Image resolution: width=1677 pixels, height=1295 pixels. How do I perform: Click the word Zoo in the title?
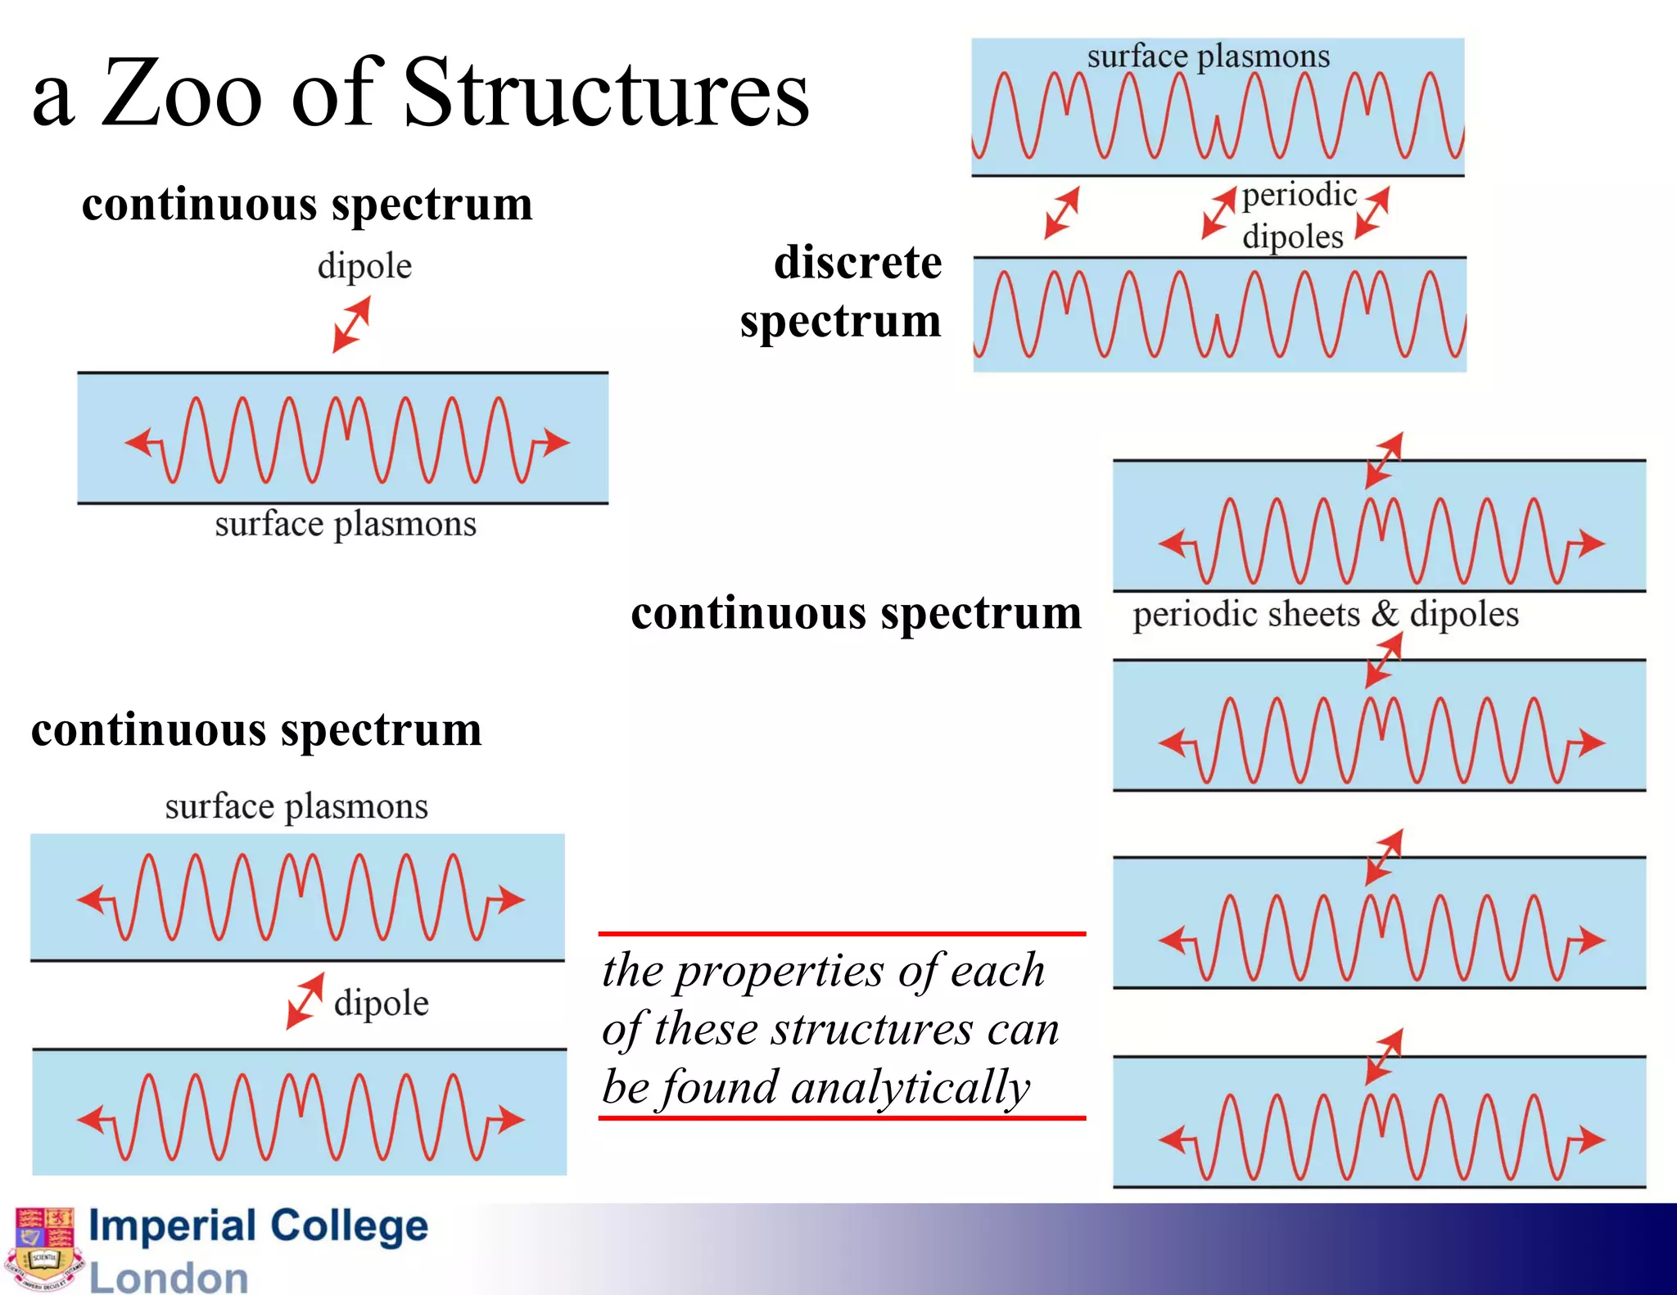tap(182, 94)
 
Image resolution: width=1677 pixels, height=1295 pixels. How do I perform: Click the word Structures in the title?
tap(606, 94)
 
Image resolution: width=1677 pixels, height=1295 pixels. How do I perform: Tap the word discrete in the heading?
tap(857, 263)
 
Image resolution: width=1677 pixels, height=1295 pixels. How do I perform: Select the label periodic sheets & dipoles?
tap(1325, 614)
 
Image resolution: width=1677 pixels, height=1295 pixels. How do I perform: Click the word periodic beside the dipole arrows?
tap(1299, 196)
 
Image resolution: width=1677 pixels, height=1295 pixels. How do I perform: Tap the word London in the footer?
tap(168, 1277)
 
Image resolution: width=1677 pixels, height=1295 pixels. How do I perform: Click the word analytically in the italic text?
tap(909, 1088)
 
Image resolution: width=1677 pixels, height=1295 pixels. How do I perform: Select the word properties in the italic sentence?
tap(778, 972)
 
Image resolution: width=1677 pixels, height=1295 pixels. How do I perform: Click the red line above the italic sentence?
tap(842, 933)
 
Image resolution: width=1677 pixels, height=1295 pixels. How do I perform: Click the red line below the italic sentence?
tap(842, 1117)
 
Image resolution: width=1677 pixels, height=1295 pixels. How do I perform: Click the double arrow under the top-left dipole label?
tap(351, 325)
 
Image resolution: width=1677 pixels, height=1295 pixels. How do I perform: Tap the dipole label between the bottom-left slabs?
tap(381, 1004)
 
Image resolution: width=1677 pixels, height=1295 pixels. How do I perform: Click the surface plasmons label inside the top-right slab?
tap(1208, 56)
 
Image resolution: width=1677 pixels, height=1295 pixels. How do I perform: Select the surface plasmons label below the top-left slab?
tap(345, 524)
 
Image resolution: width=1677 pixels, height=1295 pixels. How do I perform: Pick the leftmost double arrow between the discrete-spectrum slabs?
tap(1061, 213)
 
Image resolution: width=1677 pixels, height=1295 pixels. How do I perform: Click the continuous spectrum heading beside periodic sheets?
tap(856, 613)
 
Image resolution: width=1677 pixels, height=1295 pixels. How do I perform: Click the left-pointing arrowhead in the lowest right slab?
tap(1172, 1139)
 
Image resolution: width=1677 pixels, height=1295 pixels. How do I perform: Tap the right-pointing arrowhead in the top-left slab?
tap(558, 442)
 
